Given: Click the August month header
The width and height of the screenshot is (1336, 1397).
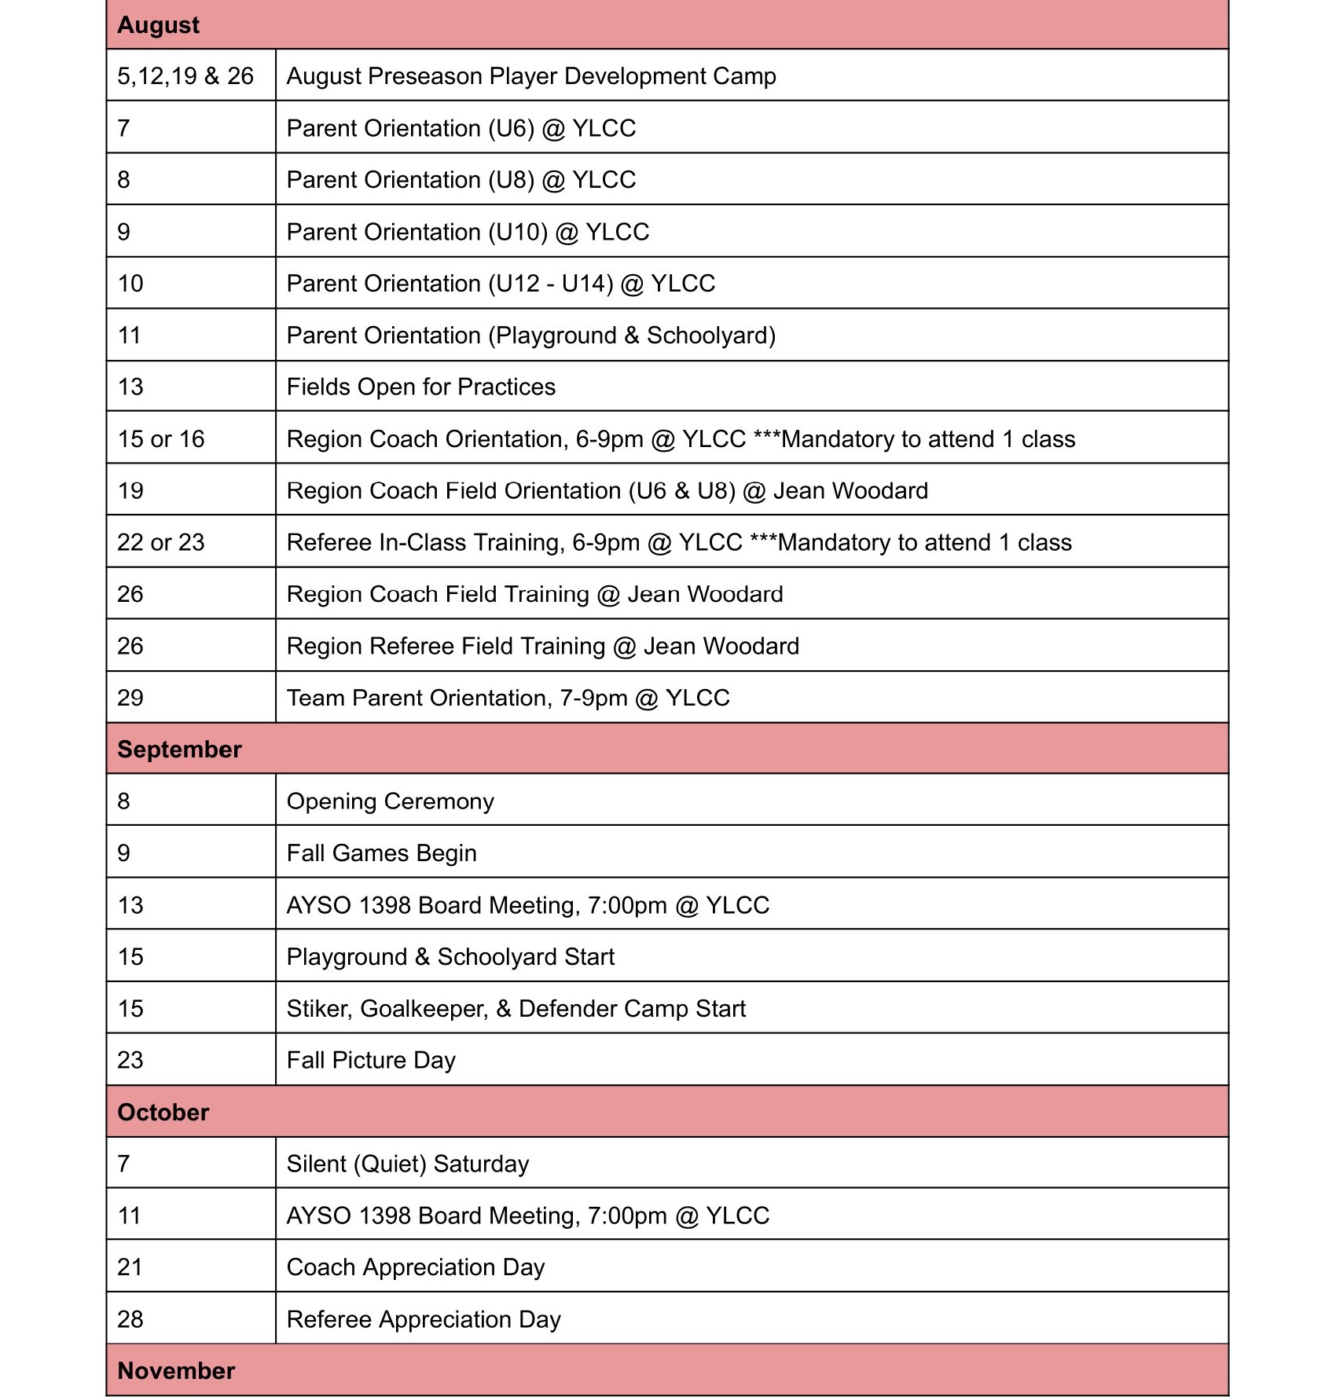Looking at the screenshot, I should tap(159, 25).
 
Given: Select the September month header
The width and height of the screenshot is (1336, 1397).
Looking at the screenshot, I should tap(179, 749).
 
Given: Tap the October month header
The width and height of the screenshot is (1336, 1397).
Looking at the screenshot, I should tap(163, 1112).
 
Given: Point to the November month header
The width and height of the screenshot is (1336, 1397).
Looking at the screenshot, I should tap(176, 1370).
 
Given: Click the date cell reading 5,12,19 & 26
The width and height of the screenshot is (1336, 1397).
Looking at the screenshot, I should tap(185, 76).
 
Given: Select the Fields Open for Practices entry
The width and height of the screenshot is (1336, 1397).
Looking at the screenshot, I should tap(420, 387).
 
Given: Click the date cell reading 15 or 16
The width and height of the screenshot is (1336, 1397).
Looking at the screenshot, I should tap(161, 438).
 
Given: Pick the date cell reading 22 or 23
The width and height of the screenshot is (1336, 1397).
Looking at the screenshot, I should tap(161, 542).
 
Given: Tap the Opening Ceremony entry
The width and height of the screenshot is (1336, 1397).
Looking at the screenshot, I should tap(390, 801).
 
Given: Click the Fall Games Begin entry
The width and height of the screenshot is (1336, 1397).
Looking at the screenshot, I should tap(381, 852).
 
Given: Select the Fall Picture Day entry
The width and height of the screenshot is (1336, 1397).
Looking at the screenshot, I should tap(371, 1060).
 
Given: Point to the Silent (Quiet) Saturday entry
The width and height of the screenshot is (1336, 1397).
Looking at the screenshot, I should tap(407, 1164).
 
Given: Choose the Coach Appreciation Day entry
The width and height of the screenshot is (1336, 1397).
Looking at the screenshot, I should tap(415, 1267).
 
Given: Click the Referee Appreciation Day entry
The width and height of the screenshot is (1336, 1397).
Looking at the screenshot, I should tap(424, 1318).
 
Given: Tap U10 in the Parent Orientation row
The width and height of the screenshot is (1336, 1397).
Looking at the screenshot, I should tap(518, 232).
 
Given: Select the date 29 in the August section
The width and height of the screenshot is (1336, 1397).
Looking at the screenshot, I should tap(130, 698).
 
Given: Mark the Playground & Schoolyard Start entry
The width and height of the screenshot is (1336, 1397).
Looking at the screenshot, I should tap(450, 956).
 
